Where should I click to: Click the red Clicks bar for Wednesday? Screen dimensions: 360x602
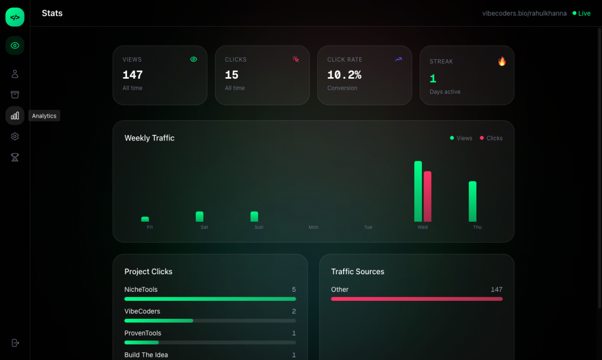point(427,196)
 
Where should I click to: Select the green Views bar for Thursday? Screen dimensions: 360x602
point(473,201)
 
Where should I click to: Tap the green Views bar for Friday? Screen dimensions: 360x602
point(145,219)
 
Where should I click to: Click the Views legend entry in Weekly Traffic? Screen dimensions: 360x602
point(461,138)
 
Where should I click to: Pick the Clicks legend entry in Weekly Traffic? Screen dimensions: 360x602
point(491,138)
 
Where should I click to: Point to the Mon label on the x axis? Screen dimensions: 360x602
point(314,227)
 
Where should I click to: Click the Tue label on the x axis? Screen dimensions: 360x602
point(368,227)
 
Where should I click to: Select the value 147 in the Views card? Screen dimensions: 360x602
point(132,75)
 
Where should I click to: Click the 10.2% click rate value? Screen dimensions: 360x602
point(344,75)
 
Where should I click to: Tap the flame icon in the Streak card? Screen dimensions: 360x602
point(502,61)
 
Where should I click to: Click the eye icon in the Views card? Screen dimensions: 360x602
point(194,59)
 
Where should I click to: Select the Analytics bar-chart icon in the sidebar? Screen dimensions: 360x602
point(15,116)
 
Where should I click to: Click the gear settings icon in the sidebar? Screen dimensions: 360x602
point(15,136)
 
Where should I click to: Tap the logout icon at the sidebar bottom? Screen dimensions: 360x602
point(15,343)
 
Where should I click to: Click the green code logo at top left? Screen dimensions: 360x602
point(15,17)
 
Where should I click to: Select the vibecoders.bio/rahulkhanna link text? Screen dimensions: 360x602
point(524,14)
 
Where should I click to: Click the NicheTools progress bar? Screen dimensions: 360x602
point(210,299)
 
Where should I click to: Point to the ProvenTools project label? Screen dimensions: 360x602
point(143,333)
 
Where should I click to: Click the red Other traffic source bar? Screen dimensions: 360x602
point(416,299)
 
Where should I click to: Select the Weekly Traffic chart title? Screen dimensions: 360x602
point(149,138)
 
